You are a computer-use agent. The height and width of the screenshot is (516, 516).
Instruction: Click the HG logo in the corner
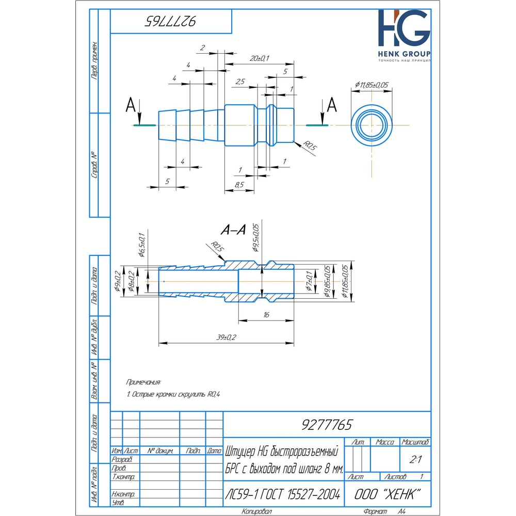[404, 30]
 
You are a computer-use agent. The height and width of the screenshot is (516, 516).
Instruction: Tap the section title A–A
[233, 231]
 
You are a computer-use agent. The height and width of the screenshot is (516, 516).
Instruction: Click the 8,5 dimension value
[238, 184]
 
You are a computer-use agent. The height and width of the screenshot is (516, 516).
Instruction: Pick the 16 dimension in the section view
[266, 314]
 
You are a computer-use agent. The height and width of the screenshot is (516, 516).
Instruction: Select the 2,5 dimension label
[240, 82]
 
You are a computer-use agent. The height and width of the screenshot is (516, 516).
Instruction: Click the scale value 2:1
[414, 459]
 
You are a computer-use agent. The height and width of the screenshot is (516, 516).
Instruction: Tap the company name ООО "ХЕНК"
[385, 494]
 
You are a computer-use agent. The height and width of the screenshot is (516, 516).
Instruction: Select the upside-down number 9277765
[170, 21]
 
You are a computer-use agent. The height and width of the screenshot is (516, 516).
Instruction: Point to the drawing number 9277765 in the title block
[327, 425]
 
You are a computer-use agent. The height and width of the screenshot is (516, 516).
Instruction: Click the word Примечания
[143, 382]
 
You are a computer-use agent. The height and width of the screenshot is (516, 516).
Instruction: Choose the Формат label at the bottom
[375, 511]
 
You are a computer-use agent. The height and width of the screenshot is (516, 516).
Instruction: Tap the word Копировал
[256, 511]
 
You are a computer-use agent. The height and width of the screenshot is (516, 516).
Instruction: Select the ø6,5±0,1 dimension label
[141, 244]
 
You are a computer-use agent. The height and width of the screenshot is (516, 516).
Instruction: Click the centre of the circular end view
[372, 125]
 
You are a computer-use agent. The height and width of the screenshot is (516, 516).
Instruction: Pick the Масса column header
[385, 442]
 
